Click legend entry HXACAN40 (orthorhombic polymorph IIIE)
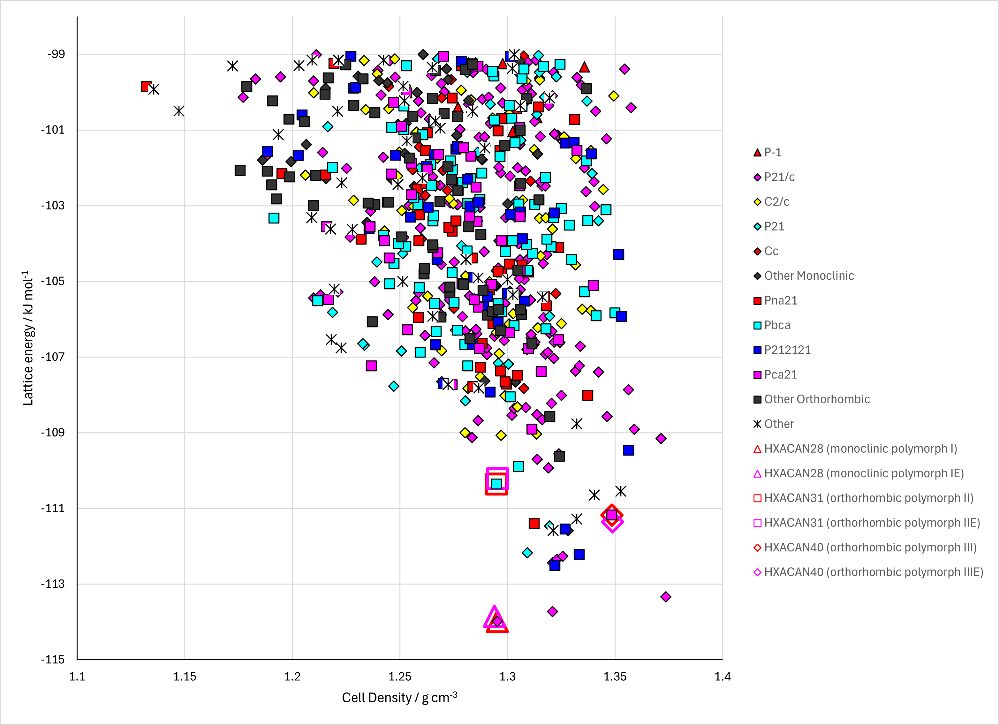[868, 572]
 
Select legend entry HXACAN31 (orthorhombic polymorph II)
[863, 498]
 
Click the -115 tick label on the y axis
[53, 659]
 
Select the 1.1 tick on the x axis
[77, 676]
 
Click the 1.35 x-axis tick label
[615, 676]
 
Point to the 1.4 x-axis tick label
[723, 676]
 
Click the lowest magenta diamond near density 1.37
[666, 597]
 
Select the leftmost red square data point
[146, 86]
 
